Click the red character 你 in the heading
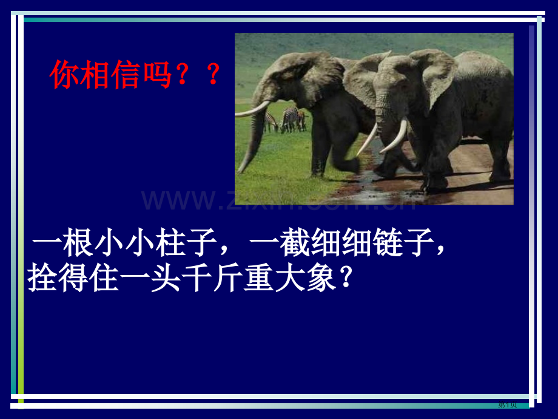(x=65, y=76)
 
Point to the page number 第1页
(x=507, y=405)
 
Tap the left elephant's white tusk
(x=251, y=110)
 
